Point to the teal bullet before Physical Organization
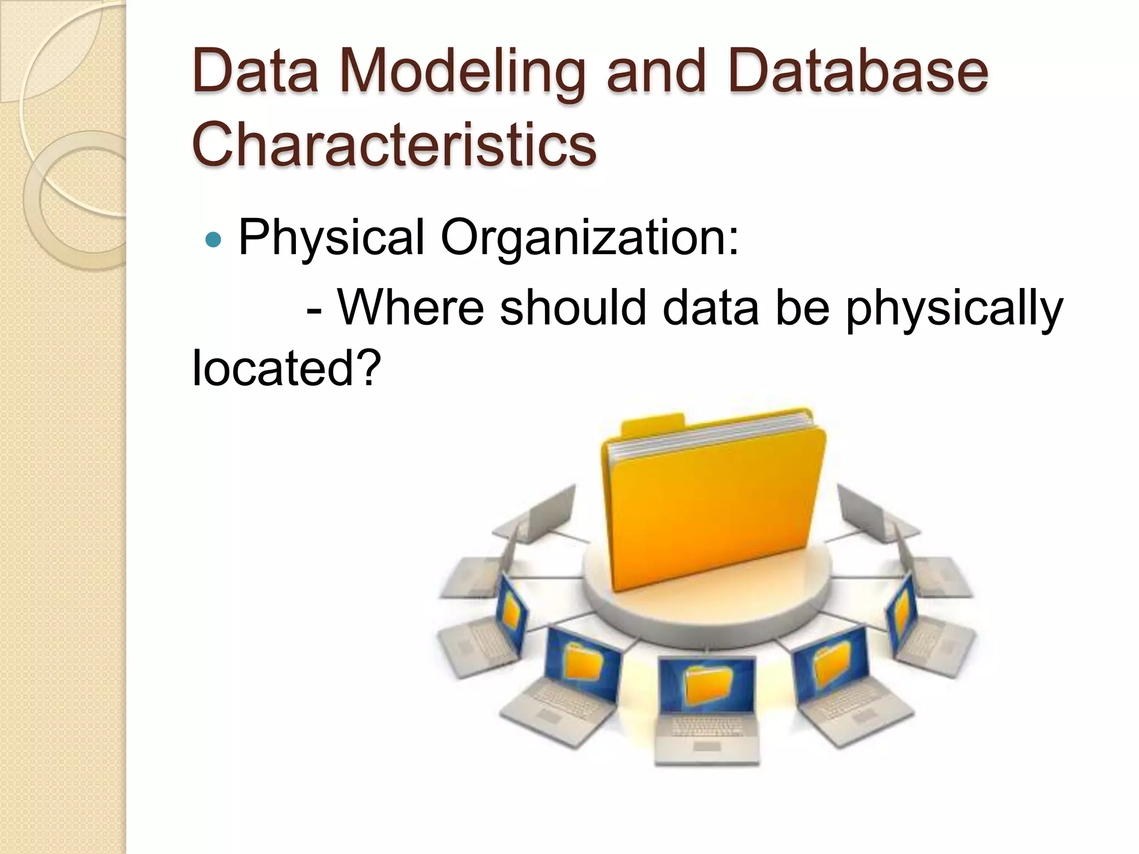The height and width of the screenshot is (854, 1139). (x=213, y=240)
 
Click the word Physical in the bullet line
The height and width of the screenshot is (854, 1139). (x=331, y=238)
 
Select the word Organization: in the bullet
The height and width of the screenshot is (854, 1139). (x=590, y=238)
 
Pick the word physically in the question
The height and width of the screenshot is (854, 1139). (x=954, y=309)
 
